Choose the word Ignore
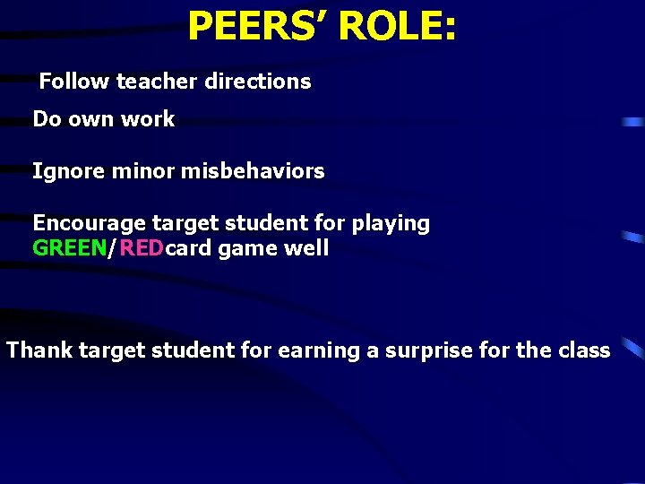tap(69, 171)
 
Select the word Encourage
tap(90, 223)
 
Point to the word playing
tap(391, 224)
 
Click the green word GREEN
tap(69, 248)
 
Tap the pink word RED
tap(141, 248)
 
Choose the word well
tap(305, 248)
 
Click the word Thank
tap(39, 350)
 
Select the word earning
tap(319, 351)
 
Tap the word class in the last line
tap(584, 350)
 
